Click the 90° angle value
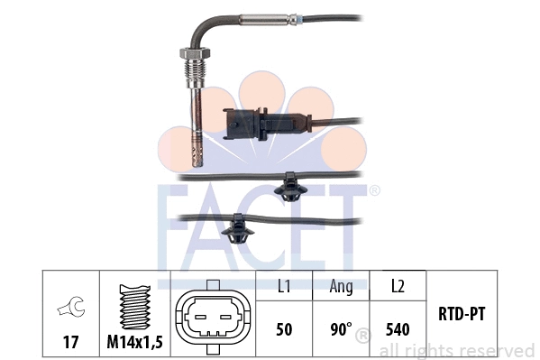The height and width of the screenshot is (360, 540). click(339, 329)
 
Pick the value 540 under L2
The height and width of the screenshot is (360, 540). click(396, 329)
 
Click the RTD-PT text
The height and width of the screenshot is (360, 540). click(462, 316)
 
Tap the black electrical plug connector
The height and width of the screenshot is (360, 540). click(245, 125)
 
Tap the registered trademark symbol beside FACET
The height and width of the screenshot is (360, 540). click(374, 190)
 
